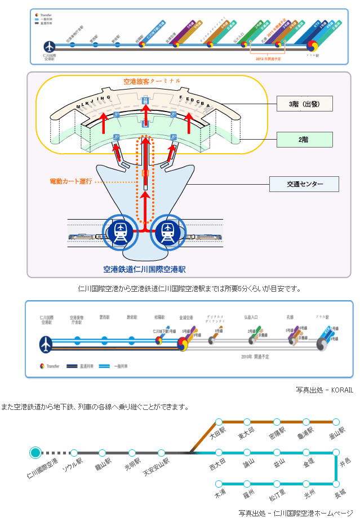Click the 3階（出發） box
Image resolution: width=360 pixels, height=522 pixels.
point(304,104)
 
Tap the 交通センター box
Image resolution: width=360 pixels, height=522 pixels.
point(304,184)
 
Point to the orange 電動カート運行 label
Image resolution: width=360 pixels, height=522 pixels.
point(71,182)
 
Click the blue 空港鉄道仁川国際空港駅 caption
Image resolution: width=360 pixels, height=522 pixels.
point(144,269)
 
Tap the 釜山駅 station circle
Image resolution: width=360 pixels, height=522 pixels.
point(336,422)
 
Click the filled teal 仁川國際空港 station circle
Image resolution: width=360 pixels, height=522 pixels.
point(35,452)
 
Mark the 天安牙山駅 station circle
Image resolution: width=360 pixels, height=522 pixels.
point(161,452)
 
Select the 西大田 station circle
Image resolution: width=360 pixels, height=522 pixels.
point(219,452)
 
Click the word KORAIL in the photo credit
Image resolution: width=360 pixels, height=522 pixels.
point(341,389)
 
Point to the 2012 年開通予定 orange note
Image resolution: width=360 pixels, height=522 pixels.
point(268,58)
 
